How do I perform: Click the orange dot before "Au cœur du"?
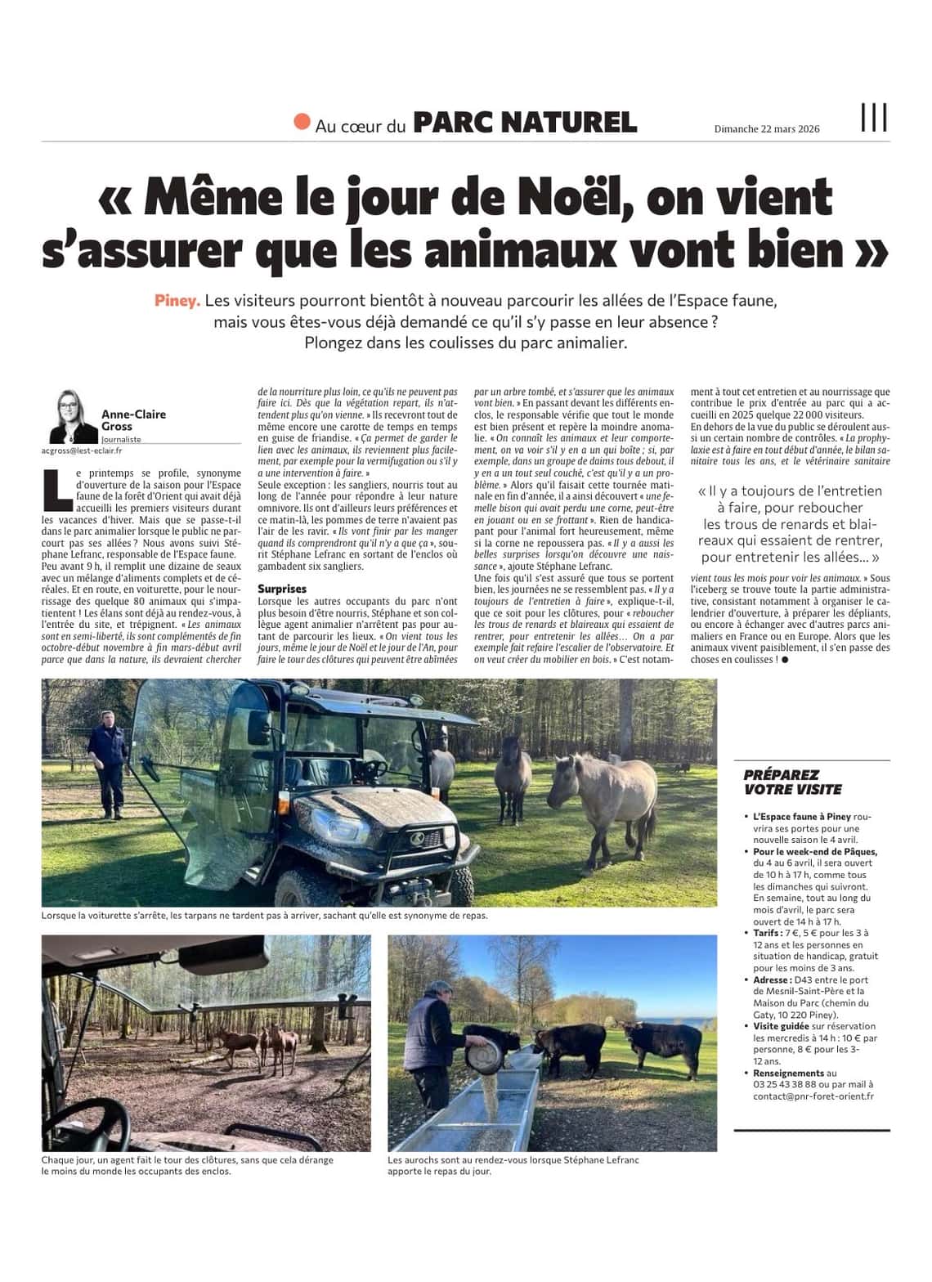click(302, 123)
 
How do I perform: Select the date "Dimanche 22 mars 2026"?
click(766, 129)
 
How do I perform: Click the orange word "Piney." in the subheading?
click(177, 301)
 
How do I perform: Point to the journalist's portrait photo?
click(74, 417)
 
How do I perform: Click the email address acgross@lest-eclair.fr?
click(82, 450)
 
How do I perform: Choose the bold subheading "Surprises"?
click(282, 589)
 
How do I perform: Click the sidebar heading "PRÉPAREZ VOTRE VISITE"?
click(781, 782)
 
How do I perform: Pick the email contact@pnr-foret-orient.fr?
click(813, 1096)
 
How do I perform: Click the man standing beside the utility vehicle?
click(110, 764)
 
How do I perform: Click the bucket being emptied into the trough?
click(482, 1054)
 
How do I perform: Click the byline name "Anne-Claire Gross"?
click(133, 420)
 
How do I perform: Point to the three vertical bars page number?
click(874, 119)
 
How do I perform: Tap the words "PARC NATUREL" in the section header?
click(525, 123)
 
